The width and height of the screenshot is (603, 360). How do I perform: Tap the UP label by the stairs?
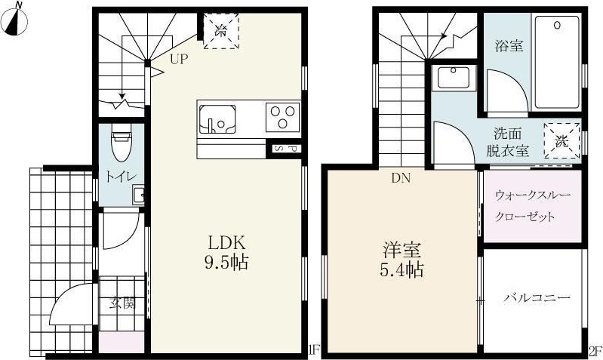point(178,58)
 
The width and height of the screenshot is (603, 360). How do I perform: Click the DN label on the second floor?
point(400,179)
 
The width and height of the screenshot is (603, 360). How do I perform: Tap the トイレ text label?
point(121,177)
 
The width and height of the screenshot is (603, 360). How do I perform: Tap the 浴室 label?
point(509,45)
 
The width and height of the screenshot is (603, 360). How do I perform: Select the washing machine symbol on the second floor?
point(562,140)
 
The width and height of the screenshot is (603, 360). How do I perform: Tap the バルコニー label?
point(537,298)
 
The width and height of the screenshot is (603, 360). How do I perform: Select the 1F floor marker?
point(314,350)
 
